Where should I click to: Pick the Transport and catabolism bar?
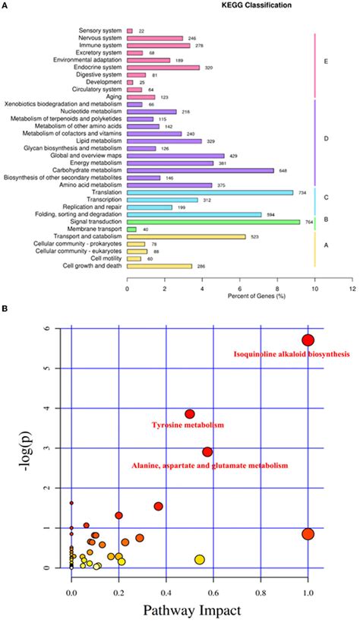pos(186,236)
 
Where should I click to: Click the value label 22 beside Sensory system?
pos(141,30)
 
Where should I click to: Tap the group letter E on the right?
pos(325,60)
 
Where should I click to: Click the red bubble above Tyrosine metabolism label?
pos(190,414)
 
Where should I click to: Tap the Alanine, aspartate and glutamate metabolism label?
pos(210,464)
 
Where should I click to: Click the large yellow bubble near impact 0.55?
pos(200,560)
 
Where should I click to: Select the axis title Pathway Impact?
pos(189,609)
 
